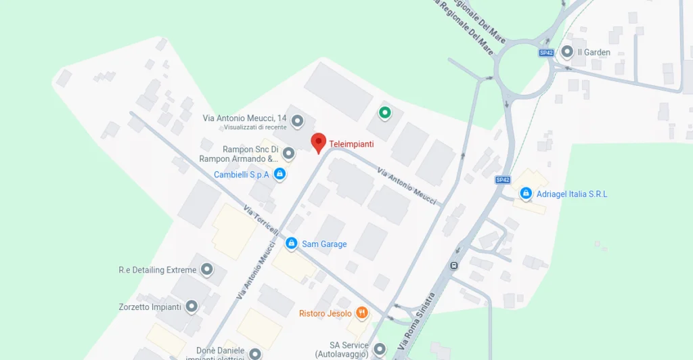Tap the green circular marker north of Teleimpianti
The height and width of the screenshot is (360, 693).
[384, 113]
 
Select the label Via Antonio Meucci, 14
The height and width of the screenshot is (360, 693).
[244, 118]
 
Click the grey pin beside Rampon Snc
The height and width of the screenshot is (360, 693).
[289, 154]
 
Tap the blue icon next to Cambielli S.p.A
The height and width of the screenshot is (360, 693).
[279, 175]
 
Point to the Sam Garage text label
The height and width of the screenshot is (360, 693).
[324, 244]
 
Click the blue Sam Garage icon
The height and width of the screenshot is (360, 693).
[291, 243]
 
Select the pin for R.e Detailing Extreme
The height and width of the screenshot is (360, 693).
[207, 270]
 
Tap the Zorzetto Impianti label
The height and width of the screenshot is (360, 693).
[149, 307]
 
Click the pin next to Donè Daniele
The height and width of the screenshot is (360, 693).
[254, 353]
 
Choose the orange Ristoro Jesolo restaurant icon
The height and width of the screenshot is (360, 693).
[363, 313]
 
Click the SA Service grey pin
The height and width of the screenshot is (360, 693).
[380, 349]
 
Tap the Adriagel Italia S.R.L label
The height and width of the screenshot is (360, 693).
[572, 194]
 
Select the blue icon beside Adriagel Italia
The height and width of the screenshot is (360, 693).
[526, 194]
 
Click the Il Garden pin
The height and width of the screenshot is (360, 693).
[566, 51]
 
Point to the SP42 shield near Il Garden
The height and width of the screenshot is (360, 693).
[546, 53]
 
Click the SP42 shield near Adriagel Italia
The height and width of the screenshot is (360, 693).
[502, 179]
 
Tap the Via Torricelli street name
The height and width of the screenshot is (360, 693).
[261, 220]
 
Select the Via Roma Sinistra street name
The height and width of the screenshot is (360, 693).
[416, 321]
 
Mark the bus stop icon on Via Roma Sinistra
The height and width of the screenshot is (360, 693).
[454, 265]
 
